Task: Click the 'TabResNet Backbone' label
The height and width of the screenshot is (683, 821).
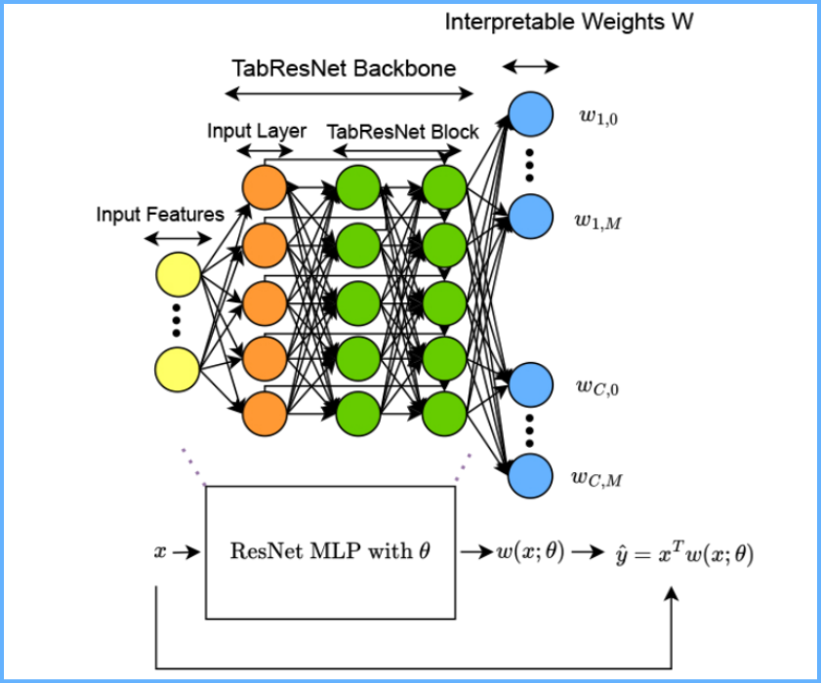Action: pyautogui.click(x=344, y=68)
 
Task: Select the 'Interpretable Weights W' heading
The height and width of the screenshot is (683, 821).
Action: pyautogui.click(x=569, y=21)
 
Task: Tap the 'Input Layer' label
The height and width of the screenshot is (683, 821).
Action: pyautogui.click(x=257, y=131)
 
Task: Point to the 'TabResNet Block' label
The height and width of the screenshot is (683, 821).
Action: pyautogui.click(x=403, y=131)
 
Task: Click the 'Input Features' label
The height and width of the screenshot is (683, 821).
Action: pyautogui.click(x=160, y=214)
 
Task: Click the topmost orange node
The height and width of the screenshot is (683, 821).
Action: pyautogui.click(x=264, y=187)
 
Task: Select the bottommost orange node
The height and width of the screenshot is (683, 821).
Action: pyautogui.click(x=264, y=414)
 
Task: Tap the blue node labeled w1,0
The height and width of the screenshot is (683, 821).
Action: pyautogui.click(x=530, y=112)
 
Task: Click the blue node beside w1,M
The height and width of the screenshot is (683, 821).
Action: pyautogui.click(x=530, y=218)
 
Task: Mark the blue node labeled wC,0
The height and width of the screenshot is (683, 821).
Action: pyautogui.click(x=530, y=385)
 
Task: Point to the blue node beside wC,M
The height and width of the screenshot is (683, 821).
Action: pyautogui.click(x=530, y=475)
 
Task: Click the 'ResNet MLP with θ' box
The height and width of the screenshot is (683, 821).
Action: pyautogui.click(x=330, y=550)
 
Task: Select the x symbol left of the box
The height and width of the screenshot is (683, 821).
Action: pyautogui.click(x=160, y=551)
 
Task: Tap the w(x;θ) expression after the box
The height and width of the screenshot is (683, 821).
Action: pyautogui.click(x=530, y=551)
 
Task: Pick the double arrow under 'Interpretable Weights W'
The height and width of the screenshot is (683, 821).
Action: pyautogui.click(x=530, y=66)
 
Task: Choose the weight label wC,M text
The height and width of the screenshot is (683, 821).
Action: pyautogui.click(x=595, y=477)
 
